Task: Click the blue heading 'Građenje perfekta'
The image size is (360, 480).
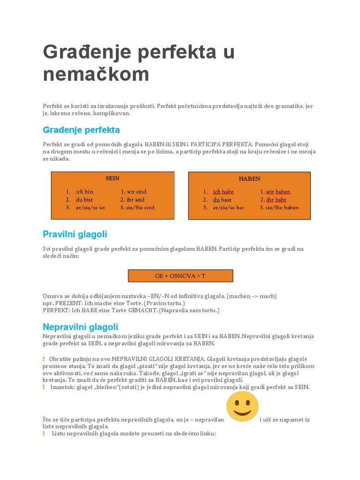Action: (82, 129)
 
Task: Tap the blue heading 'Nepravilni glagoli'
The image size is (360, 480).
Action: (81, 327)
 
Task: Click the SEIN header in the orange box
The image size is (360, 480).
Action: (112, 178)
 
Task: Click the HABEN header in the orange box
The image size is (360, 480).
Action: (249, 179)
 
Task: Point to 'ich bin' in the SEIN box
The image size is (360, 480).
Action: (84, 192)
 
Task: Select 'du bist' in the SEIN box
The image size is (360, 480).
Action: (84, 200)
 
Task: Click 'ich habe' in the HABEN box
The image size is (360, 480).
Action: (223, 192)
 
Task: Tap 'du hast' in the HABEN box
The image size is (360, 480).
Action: (222, 200)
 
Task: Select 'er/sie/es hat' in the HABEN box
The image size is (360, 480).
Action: (228, 207)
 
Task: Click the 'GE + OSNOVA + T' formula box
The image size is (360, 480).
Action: (180, 276)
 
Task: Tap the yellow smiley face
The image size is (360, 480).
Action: (242, 406)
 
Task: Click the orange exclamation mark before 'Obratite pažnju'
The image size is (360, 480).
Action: (44, 359)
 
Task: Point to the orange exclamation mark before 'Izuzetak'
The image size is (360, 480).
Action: (44, 387)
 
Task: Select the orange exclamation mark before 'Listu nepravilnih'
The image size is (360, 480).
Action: (44, 434)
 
